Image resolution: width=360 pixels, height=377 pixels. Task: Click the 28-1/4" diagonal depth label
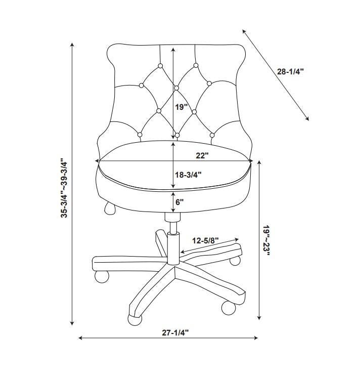click(290, 71)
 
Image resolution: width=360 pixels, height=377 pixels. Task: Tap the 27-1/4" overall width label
click(175, 333)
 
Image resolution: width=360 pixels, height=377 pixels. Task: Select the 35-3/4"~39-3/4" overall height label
click(64, 188)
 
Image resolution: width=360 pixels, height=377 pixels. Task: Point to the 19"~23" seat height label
click(266, 240)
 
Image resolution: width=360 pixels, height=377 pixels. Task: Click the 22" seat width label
click(202, 155)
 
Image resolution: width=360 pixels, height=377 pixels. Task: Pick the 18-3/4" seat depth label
click(188, 175)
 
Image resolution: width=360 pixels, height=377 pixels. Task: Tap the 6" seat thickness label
click(179, 202)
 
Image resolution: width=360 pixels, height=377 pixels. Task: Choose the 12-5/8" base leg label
click(205, 240)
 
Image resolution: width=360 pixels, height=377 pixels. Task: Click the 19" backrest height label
click(181, 107)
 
